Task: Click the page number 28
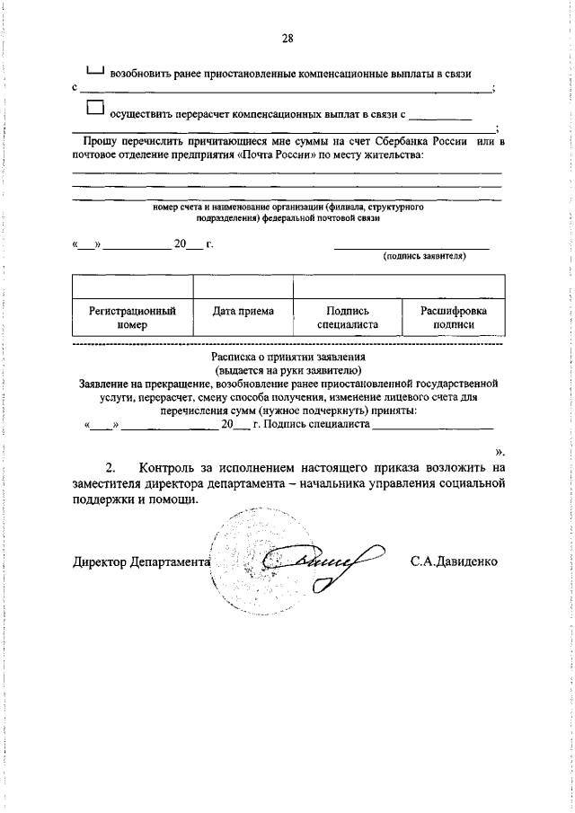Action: pos(287,38)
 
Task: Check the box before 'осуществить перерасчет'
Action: pos(96,108)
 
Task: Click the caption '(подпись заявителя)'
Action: pos(423,255)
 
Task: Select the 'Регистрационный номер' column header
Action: pos(131,318)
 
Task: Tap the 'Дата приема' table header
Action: pos(243,311)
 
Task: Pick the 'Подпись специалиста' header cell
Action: pos(347,318)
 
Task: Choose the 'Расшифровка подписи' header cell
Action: pos(453,318)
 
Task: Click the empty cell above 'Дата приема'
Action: pos(243,286)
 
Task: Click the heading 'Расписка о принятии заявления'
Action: pos(287,357)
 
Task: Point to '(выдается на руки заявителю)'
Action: pos(287,369)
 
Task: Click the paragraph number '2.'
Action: pos(111,467)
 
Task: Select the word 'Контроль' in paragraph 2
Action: pos(174,467)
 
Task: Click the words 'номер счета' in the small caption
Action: pos(177,207)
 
